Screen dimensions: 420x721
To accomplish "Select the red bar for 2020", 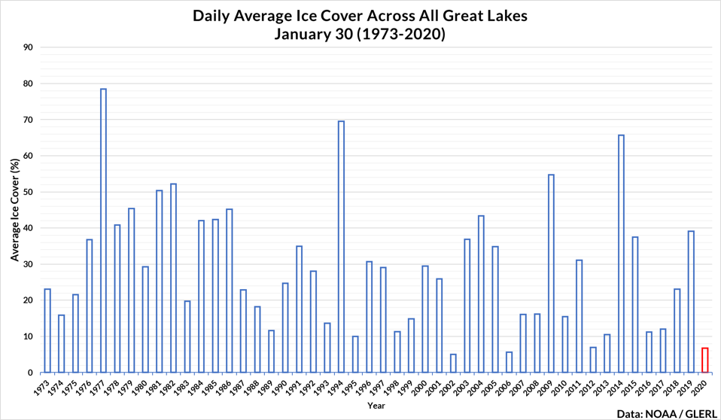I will pyautogui.click(x=705, y=360).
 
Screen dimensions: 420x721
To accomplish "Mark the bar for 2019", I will pyautogui.click(x=691, y=301).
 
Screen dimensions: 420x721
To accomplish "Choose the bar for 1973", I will pyautogui.click(x=47, y=330).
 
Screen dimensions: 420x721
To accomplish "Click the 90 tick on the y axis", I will pyautogui.click(x=29, y=47).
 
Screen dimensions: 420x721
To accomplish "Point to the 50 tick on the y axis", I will pyautogui.click(x=29, y=192).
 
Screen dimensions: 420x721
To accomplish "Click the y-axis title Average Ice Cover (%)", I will pyautogui.click(x=14, y=210).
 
